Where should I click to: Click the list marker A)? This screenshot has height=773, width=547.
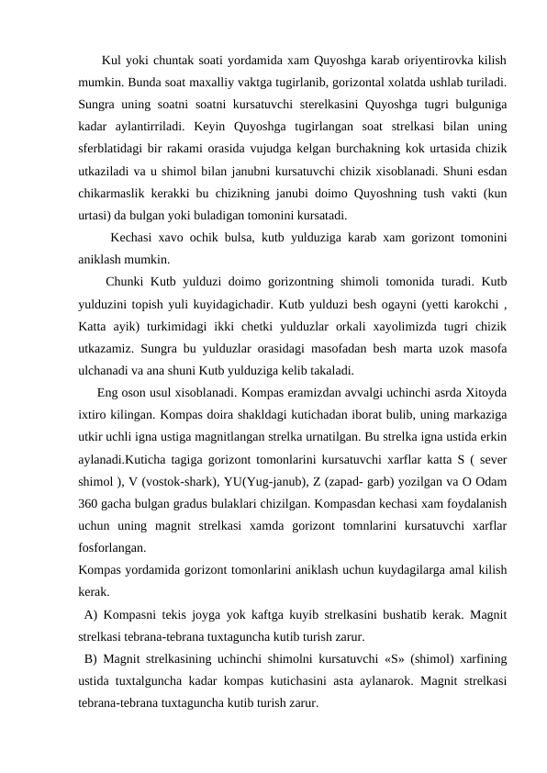[x=90, y=614]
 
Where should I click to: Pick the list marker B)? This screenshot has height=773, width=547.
[x=90, y=658]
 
